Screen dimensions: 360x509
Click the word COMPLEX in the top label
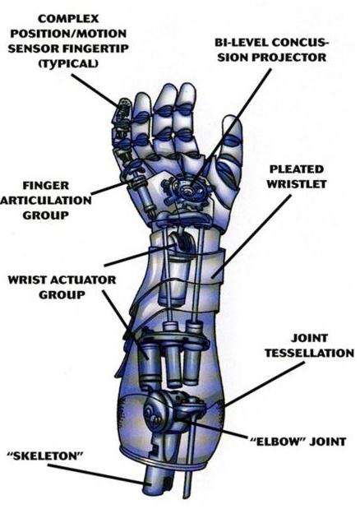pos(68,19)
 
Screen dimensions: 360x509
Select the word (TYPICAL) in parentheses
pos(68,63)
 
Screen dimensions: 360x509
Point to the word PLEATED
pos(297,169)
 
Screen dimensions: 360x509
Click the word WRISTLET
pos(297,184)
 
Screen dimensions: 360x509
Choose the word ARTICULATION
pos(46,201)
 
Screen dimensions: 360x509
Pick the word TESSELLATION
pos(309,354)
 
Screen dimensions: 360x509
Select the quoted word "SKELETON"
pos(45,456)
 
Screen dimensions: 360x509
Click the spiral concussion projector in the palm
pos(187,190)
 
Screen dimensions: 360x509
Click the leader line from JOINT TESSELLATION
pos(265,384)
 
